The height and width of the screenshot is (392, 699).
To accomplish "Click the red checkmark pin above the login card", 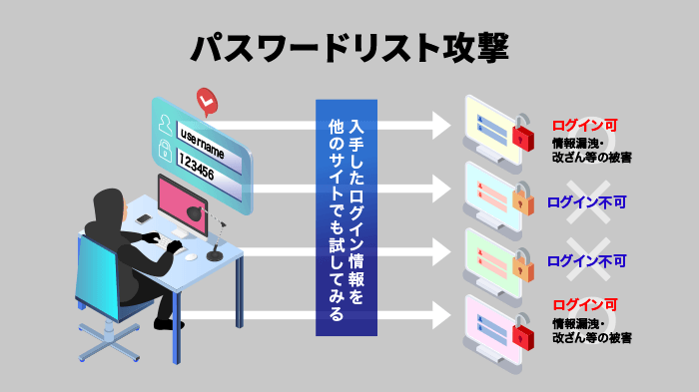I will [x=207, y=100].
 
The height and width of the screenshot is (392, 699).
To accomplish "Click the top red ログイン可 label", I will [x=585, y=126].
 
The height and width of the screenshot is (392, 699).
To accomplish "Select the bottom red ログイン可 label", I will [x=585, y=305].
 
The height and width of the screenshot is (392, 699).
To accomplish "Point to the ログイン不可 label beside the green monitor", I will [x=587, y=261].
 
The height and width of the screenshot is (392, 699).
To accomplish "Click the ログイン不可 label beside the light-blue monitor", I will [x=587, y=201].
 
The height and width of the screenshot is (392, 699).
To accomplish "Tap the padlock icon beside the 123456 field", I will [x=164, y=153].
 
